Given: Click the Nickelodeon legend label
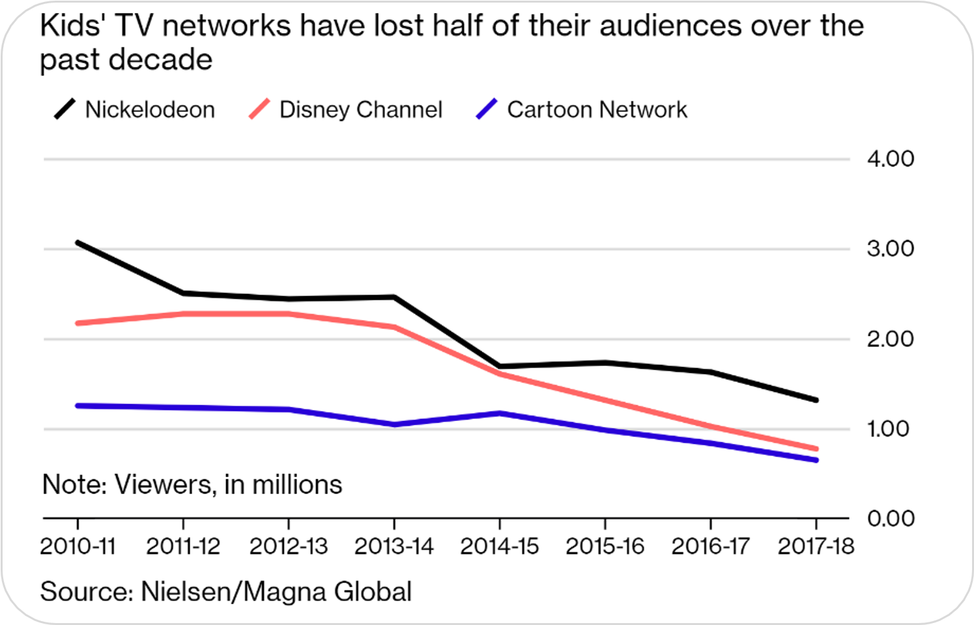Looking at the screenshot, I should click(150, 109).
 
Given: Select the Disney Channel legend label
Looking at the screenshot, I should click(360, 109).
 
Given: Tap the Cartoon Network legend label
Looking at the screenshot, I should click(597, 109).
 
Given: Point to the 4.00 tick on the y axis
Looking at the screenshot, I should click(890, 158).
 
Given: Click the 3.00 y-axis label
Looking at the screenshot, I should click(890, 248).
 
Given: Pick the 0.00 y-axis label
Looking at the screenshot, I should click(890, 519).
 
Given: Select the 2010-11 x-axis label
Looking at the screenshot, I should click(78, 546).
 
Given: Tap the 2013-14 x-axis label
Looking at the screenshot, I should click(394, 546).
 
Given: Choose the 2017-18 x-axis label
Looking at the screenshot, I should click(816, 546).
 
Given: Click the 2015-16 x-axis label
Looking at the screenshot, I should click(605, 546).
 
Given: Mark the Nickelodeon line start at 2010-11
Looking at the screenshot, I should click(78, 242).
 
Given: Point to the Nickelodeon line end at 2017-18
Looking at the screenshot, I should click(816, 400).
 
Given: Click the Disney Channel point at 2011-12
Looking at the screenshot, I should click(183, 314).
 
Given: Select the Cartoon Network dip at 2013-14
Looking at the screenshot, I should click(394, 424).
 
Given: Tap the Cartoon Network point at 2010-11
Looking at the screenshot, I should click(78, 405).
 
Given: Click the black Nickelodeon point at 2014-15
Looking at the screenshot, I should click(499, 366).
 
